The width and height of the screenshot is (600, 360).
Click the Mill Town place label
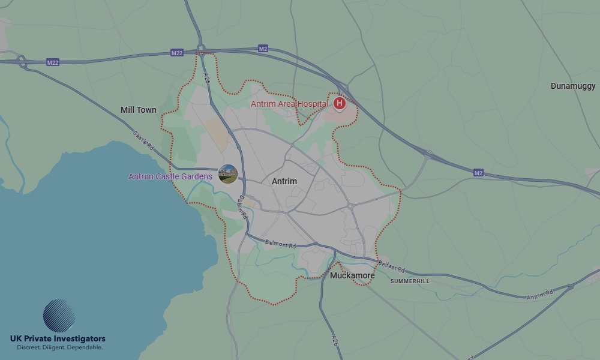point(138,110)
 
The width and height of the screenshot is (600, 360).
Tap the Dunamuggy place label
point(573,86)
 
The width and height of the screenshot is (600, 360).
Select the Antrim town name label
point(284,181)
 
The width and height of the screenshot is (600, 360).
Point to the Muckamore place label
point(352,275)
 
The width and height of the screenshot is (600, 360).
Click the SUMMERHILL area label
point(410,281)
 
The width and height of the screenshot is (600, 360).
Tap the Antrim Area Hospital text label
point(289,104)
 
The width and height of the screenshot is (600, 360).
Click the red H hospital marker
point(340,103)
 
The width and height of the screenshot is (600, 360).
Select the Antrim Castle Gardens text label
point(170,176)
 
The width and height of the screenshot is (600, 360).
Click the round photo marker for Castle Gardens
point(228,175)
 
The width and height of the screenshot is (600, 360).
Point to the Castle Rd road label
point(144,140)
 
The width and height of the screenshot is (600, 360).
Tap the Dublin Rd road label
point(243,207)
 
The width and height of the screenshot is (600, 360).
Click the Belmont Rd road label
point(281,245)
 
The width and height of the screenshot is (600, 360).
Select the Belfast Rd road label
point(392,266)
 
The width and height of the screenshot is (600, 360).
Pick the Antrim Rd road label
point(539,295)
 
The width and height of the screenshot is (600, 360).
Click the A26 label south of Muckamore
point(335,340)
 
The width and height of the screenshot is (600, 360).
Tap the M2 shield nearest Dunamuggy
point(478,173)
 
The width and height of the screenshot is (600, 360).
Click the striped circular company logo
point(59,316)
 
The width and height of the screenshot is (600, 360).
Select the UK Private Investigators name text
point(58,339)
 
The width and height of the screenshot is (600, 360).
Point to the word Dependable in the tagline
point(85,347)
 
